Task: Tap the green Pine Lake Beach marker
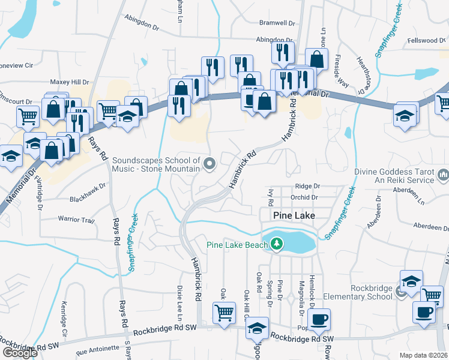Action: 276,244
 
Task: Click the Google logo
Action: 19,353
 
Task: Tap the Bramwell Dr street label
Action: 277,23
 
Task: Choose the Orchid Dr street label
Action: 303,197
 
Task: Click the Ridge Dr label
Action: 307,187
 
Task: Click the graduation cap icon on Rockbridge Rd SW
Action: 258,328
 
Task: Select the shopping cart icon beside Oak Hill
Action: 224,311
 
